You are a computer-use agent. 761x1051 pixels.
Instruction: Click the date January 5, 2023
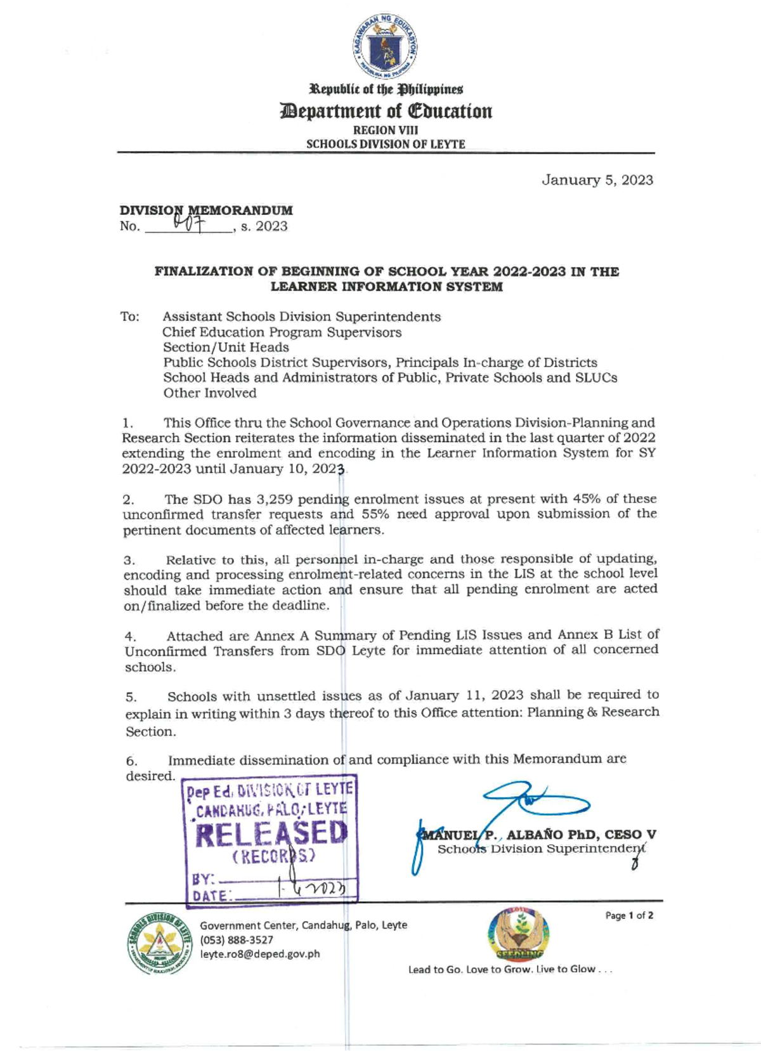point(597,180)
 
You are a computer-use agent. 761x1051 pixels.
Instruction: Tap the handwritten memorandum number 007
point(188,223)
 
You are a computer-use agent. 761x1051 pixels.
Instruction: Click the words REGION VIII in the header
point(385,130)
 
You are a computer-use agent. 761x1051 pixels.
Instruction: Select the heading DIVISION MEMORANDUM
point(206,210)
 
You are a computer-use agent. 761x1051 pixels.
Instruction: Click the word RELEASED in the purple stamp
point(271,833)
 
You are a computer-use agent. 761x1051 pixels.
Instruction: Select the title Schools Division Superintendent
point(541,849)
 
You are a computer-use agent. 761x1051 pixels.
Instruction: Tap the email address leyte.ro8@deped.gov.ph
point(260,953)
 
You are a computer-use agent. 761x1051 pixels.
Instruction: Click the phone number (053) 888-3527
point(237,939)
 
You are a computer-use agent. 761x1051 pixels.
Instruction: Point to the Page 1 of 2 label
point(628,915)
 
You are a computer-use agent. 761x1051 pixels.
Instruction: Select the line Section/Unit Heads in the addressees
point(226,347)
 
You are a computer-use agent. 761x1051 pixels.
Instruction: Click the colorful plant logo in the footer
point(519,934)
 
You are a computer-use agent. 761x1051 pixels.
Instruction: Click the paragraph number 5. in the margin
point(131,697)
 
